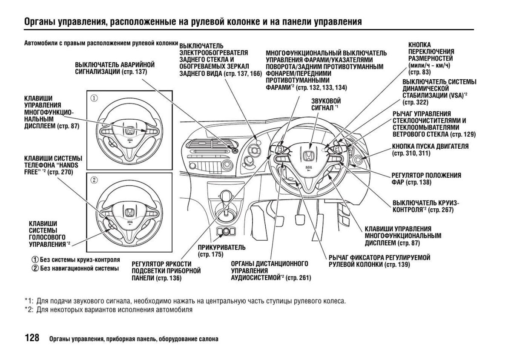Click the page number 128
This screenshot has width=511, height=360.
coord(32,338)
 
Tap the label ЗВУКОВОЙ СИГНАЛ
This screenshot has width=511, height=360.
coord(326,104)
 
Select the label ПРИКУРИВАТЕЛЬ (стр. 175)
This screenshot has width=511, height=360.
coord(221,251)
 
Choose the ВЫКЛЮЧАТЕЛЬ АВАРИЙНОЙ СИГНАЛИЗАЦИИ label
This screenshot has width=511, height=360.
coord(115,68)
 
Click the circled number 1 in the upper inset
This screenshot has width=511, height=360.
coord(94,98)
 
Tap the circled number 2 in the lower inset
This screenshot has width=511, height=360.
coord(94,180)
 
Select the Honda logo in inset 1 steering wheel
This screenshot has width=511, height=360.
coord(129,130)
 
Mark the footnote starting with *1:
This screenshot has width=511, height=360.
coord(185,301)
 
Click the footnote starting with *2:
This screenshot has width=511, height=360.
coord(109,310)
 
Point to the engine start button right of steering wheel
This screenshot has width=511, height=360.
coord(357,161)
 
